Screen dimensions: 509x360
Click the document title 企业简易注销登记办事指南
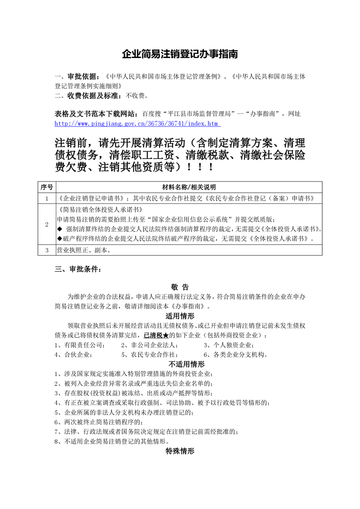pyautogui.click(x=180, y=54)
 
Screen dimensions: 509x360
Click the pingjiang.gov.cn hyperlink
pyautogui.click(x=137, y=123)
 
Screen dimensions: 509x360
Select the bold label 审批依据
pyautogui.click(x=83, y=77)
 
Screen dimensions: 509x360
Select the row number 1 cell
pyautogui.click(x=47, y=198)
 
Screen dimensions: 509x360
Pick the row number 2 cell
pyautogui.click(x=47, y=225)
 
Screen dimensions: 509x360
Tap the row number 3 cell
pyautogui.click(x=47, y=250)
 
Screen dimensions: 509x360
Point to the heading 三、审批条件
pyautogui.click(x=79, y=269)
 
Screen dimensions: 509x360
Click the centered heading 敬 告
pyautogui.click(x=180, y=287)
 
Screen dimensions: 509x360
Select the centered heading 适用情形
pyautogui.click(x=180, y=316)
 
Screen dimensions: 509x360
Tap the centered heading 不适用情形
pyautogui.click(x=180, y=364)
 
